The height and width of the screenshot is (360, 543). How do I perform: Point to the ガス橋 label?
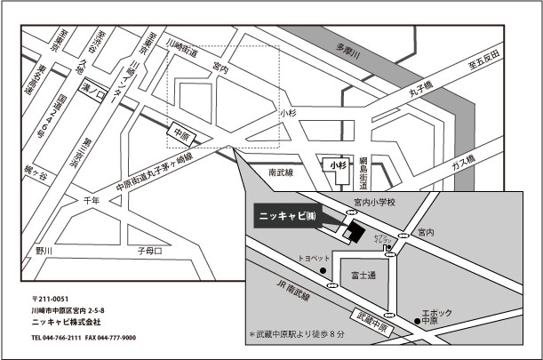tap(463, 163)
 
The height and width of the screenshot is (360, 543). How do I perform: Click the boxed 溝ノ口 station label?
tap(93, 91)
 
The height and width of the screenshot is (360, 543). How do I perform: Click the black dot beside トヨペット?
tap(323, 269)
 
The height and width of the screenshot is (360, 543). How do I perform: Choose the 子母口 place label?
tap(149, 252)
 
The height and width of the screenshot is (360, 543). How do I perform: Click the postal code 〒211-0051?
tap(50, 299)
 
